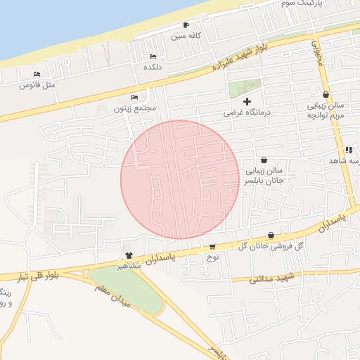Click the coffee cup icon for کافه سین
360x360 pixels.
[x=186, y=25]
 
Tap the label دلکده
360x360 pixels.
[x=153, y=67]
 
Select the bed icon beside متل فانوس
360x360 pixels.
[x=37, y=74]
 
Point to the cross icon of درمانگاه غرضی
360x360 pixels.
[x=247, y=102]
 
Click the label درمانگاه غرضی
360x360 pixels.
[x=247, y=112]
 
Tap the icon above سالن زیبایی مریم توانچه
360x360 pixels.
[x=326, y=95]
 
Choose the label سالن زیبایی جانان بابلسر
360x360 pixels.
[x=263, y=175]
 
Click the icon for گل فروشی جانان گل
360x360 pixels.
[x=271, y=236]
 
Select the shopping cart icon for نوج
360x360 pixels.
[x=212, y=247]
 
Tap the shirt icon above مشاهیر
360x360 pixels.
[x=129, y=255]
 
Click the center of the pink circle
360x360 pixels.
[x=180, y=179]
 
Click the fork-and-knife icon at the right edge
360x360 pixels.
[x=348, y=150]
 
